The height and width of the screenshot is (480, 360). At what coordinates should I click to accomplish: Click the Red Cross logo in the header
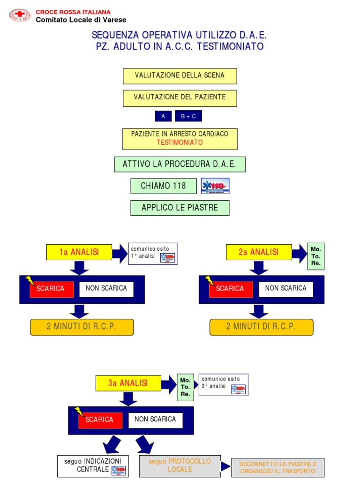pyautogui.click(x=20, y=15)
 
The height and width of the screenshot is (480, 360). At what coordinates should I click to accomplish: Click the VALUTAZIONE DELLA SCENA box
pyautogui.click(x=180, y=75)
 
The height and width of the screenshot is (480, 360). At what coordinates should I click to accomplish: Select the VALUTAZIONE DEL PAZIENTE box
pyautogui.click(x=180, y=97)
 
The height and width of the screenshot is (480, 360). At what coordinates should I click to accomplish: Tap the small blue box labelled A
pyautogui.click(x=163, y=116)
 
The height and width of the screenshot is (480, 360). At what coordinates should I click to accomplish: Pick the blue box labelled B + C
pyautogui.click(x=188, y=116)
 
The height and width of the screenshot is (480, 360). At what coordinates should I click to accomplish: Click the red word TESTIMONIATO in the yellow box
pyautogui.click(x=180, y=142)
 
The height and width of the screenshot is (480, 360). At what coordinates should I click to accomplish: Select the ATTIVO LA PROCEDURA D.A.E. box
pyautogui.click(x=180, y=164)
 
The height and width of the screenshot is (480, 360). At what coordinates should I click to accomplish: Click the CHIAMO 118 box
pyautogui.click(x=163, y=186)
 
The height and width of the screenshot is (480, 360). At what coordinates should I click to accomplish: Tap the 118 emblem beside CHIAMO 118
pyautogui.click(x=215, y=186)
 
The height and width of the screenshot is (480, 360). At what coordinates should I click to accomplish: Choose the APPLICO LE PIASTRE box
pyautogui.click(x=180, y=208)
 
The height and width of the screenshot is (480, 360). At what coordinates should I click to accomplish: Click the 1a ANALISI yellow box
pyautogui.click(x=79, y=252)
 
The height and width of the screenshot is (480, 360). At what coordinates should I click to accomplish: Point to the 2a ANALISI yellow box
pyautogui.click(x=258, y=252)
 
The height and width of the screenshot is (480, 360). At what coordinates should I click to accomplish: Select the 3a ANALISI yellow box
pyautogui.click(x=128, y=383)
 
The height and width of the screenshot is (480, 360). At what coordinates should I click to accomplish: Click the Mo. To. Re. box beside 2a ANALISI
pyautogui.click(x=316, y=256)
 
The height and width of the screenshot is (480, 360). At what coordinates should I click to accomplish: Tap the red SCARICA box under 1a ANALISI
pyautogui.click(x=51, y=289)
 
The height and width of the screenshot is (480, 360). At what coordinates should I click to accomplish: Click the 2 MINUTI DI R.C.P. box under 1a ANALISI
pyautogui.click(x=82, y=327)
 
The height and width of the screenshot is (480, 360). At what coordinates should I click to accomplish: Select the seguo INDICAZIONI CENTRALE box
pyautogui.click(x=93, y=465)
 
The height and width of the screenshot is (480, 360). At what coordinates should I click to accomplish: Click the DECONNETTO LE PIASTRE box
pyautogui.click(x=277, y=467)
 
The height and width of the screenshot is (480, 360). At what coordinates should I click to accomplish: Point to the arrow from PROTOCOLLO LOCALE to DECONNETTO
pyautogui.click(x=225, y=466)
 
